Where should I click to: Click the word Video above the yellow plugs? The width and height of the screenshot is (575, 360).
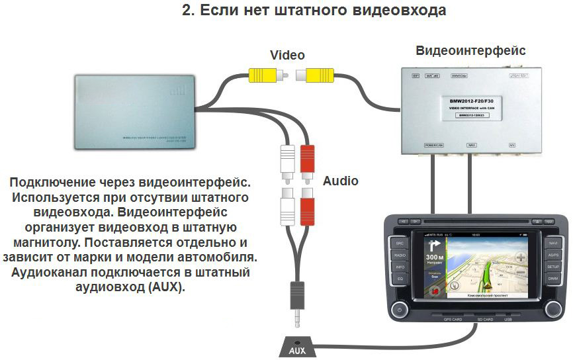tap(287, 55)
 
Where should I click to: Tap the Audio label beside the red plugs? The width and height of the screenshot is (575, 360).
tap(340, 181)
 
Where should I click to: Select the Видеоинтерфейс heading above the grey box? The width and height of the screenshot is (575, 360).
tap(470, 50)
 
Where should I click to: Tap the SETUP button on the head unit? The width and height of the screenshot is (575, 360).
tap(553, 266)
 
